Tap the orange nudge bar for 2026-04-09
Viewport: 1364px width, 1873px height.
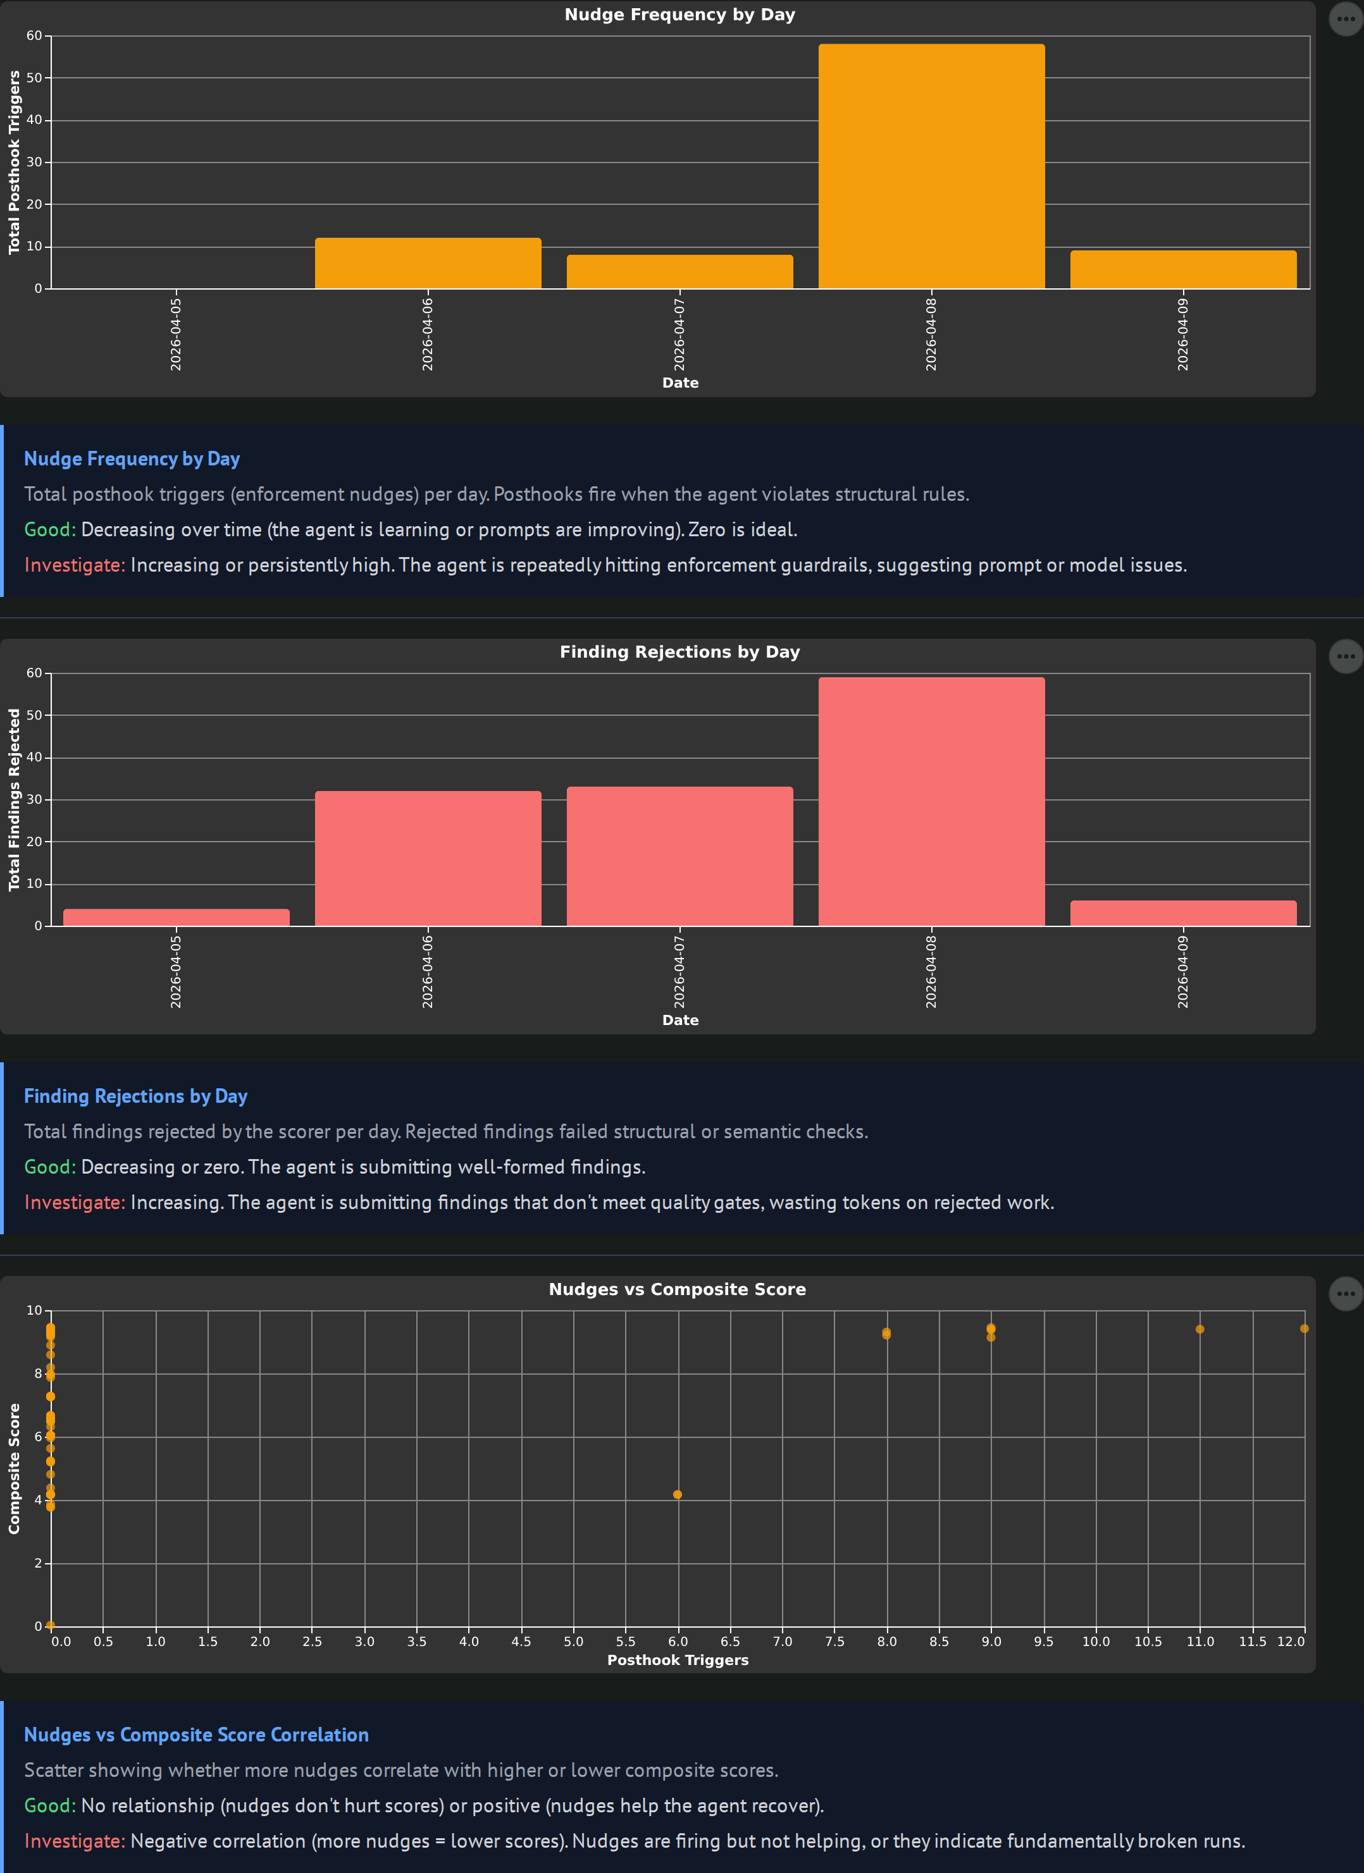pyautogui.click(x=1183, y=270)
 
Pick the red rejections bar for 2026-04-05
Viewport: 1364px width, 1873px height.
pyautogui.click(x=176, y=918)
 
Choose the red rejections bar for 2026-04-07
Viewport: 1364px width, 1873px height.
pyautogui.click(x=679, y=856)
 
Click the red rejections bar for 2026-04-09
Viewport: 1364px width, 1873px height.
pyautogui.click(x=1183, y=913)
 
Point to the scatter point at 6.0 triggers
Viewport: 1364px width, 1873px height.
pyautogui.click(x=678, y=1495)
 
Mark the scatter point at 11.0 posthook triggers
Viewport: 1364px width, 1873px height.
pyautogui.click(x=1200, y=1329)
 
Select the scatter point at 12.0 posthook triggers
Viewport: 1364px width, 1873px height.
pyautogui.click(x=1304, y=1329)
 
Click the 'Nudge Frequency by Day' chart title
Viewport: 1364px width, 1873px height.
pyautogui.click(x=679, y=15)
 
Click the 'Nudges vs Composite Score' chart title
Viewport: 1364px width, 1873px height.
pyautogui.click(x=677, y=1289)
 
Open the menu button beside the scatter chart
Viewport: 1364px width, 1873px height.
pyautogui.click(x=1345, y=1293)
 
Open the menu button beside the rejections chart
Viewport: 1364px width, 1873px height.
pyautogui.click(x=1345, y=656)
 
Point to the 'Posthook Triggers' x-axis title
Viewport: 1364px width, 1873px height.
pyautogui.click(x=678, y=1660)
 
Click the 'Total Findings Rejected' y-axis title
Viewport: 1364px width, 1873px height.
pyautogui.click(x=14, y=799)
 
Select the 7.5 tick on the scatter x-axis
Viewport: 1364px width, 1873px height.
pyautogui.click(x=834, y=1642)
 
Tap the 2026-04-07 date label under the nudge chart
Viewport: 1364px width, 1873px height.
pyautogui.click(x=679, y=335)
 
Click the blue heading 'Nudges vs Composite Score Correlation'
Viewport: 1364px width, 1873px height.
pyautogui.click(x=195, y=1735)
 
